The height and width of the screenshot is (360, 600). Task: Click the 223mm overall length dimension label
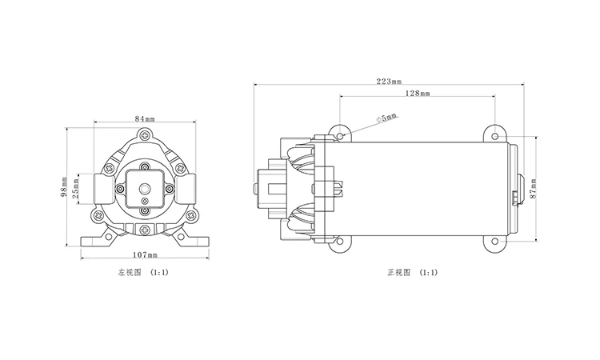click(x=387, y=81)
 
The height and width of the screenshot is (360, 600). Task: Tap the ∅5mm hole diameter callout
click(x=386, y=117)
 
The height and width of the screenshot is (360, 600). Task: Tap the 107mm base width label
click(x=144, y=254)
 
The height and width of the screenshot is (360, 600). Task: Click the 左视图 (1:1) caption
click(x=143, y=273)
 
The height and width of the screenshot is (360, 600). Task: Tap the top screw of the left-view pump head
click(x=144, y=134)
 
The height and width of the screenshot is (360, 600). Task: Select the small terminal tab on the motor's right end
click(x=513, y=197)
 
